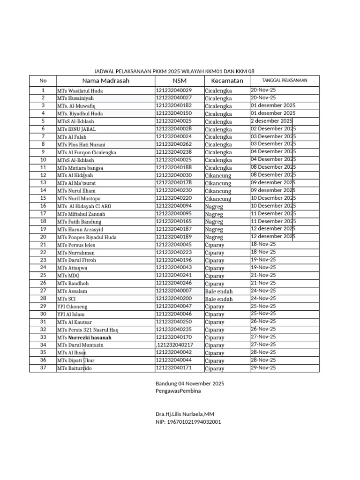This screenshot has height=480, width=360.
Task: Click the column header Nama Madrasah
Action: (106, 81)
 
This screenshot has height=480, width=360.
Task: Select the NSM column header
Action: (180, 81)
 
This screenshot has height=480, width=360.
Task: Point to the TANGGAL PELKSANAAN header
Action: (285, 81)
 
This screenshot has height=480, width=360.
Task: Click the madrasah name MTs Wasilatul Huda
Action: (80, 90)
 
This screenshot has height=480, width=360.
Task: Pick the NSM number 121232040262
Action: (174, 144)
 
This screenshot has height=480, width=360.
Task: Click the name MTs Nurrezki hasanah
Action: (84, 337)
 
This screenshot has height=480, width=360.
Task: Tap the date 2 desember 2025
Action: (271, 121)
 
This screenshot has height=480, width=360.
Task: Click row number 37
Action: (43, 368)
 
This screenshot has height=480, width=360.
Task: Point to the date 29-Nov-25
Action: (263, 367)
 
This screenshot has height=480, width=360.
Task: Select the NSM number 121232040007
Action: (174, 291)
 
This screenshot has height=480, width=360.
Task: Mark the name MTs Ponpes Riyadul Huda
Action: (87, 237)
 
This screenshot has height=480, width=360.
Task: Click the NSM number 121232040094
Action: (174, 206)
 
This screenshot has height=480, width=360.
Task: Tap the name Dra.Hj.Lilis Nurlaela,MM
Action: (185, 414)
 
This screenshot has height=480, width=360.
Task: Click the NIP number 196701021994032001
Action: (188, 422)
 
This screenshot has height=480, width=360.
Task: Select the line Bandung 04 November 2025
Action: (190, 383)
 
